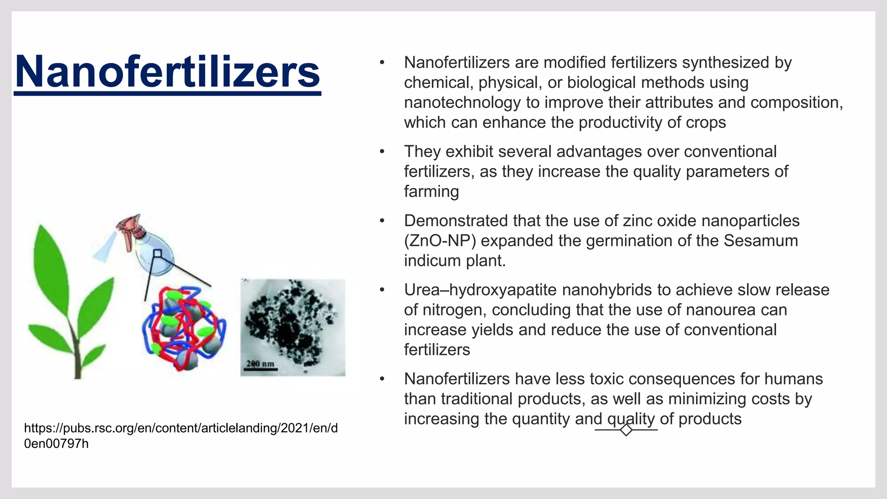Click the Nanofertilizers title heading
[x=168, y=72]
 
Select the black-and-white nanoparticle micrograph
[x=293, y=327]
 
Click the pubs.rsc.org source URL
[x=181, y=435]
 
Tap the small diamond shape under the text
[x=626, y=430]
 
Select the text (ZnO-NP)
[x=440, y=240]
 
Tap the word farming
[x=431, y=191]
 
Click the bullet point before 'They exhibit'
[x=382, y=152]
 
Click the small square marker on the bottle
[x=158, y=253]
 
